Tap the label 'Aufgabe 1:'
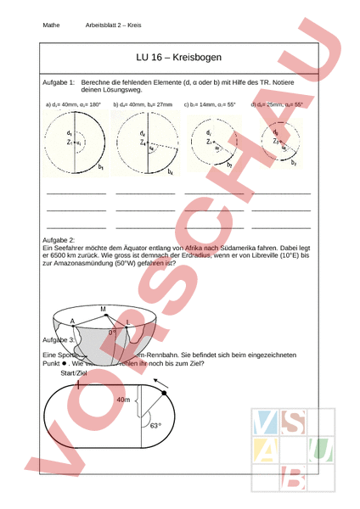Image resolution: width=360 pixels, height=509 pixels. pos(59,81)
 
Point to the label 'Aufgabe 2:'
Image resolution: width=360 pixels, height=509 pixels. pos(59,241)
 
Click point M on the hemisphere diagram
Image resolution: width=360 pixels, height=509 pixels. pos(103,308)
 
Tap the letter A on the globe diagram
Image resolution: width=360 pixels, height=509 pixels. pos(73,321)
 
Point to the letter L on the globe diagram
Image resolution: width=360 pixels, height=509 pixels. pos(128,323)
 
